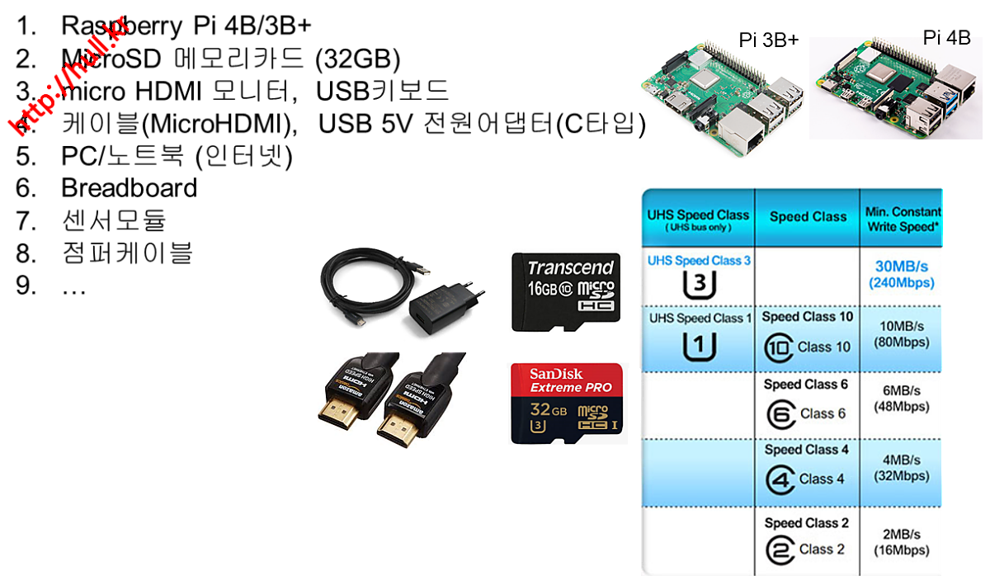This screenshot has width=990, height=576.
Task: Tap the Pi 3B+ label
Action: [768, 40]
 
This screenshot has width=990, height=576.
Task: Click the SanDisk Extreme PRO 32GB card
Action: [567, 404]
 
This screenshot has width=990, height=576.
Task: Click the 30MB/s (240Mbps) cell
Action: [901, 275]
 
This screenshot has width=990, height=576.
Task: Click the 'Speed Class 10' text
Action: [807, 317]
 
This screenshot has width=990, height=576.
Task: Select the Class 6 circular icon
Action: [780, 413]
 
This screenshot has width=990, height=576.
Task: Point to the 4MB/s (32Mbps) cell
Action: [901, 468]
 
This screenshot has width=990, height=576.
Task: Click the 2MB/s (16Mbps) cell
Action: [901, 541]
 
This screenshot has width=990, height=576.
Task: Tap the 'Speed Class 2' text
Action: [806, 522]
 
